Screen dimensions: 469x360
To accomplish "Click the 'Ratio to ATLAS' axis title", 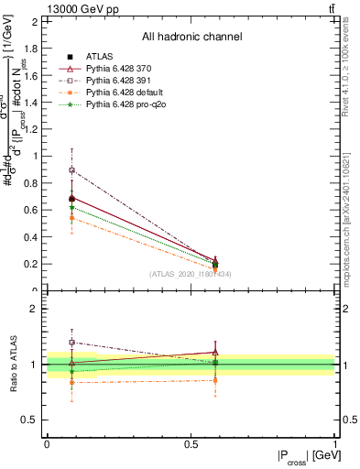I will (x=14, y=364).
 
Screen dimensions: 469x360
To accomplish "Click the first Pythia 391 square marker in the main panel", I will (x=72, y=170).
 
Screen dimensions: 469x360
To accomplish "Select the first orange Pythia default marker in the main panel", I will (x=72, y=218).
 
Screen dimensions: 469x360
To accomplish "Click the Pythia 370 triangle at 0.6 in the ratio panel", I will (x=215, y=352).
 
